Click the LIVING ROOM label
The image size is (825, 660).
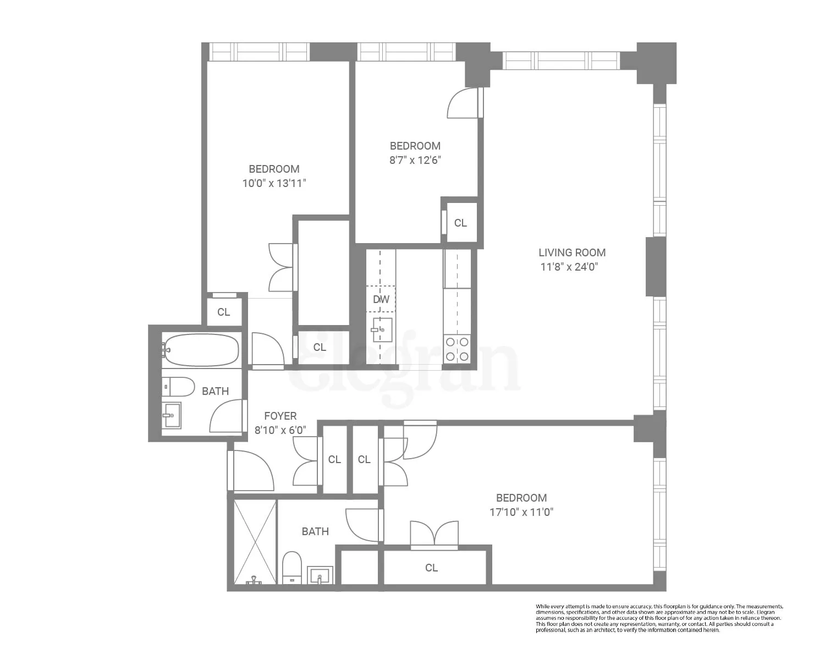coord(572,252)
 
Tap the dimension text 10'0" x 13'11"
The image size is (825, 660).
coord(274,183)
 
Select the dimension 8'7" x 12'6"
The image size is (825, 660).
coord(415,160)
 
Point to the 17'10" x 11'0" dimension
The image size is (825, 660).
coord(521,512)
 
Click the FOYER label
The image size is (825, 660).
coord(280,416)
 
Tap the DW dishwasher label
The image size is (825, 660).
coord(381,299)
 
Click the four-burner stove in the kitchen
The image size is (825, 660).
coord(457,349)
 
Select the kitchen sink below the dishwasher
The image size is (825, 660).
coord(382,329)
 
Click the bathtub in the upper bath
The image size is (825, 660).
coord(201,350)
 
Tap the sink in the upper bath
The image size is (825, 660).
coord(172,415)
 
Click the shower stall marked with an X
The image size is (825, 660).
coord(255,541)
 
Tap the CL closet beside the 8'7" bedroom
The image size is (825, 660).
coord(460,223)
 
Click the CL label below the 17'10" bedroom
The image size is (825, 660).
coord(431,568)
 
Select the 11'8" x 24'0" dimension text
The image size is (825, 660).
coord(569,267)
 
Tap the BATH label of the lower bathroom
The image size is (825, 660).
coord(315,531)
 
